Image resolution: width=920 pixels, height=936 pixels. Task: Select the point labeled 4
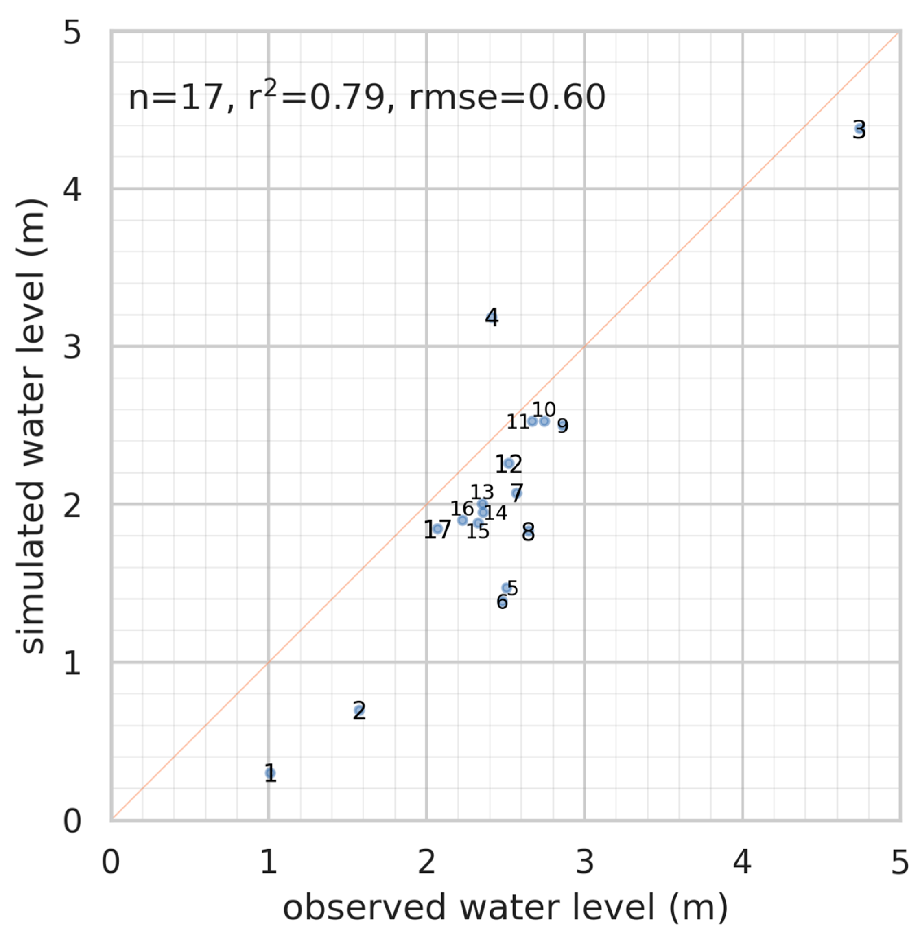pos(491,317)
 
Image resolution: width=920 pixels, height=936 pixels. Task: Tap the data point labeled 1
pos(271,773)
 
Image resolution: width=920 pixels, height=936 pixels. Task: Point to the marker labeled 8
pos(528,531)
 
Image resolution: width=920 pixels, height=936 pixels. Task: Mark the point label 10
pos(544,409)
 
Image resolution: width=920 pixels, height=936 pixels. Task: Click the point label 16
pos(462,508)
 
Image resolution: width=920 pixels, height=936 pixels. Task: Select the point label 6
pos(502,602)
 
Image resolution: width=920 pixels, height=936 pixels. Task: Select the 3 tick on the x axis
pos(585,862)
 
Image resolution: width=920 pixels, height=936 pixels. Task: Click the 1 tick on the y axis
pos(72,663)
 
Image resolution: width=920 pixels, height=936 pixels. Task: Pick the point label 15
pos(478,531)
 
